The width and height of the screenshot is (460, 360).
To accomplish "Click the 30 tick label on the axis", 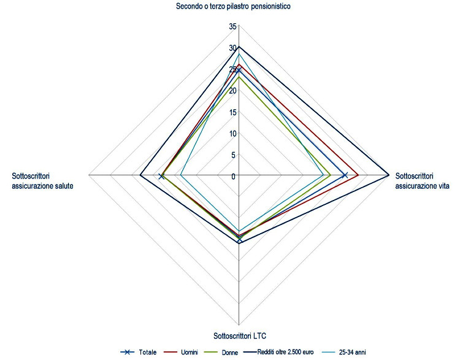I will coord(232,48).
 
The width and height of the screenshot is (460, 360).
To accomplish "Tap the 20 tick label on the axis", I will coord(232,91).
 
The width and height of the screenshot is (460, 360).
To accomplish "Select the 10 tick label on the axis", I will coord(232,134).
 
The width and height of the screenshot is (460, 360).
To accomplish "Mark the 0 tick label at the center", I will coord(234,177).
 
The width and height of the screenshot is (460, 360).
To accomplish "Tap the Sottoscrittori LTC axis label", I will coord(239,335).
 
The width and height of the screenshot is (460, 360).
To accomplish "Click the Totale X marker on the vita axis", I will coord(345,176).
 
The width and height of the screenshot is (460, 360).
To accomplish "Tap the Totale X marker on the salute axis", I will coord(161,177).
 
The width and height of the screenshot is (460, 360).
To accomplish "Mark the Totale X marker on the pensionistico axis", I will coord(239,70).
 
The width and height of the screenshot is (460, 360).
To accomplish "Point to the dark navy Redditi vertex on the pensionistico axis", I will coord(239,47).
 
